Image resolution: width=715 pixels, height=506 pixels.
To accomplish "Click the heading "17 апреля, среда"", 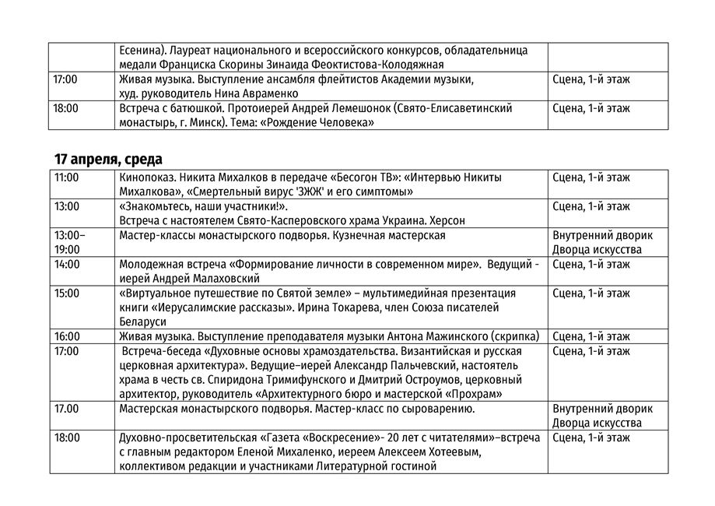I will (x=108, y=160).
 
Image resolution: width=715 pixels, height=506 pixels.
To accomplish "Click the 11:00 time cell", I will (x=67, y=177).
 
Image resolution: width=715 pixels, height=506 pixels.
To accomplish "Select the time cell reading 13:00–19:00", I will (x=69, y=242).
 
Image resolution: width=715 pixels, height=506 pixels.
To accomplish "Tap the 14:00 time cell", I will (x=67, y=264).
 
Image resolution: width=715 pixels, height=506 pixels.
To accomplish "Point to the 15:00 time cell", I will (x=67, y=293).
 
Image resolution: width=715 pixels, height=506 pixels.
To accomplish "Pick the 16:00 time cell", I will (x=67, y=336).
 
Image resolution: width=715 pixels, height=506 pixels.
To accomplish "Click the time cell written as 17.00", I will (x=67, y=409).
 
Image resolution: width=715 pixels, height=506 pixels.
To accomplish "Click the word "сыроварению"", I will (x=439, y=409).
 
